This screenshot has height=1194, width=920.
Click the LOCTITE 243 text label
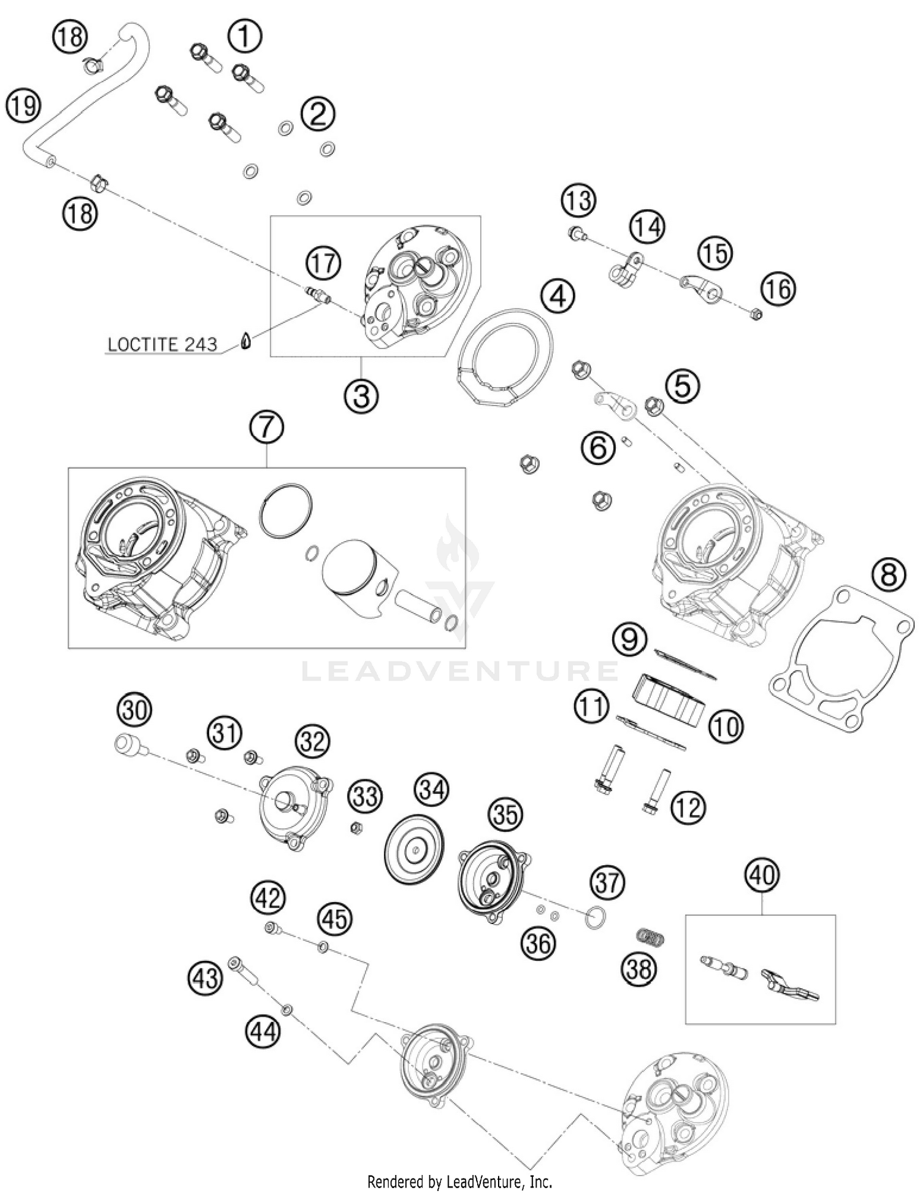coord(162,344)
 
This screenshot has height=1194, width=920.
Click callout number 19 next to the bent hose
coord(23,107)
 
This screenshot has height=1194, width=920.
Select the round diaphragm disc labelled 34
coord(414,850)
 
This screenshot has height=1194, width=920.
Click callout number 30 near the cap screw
coord(134,711)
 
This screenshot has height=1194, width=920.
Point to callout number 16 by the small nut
coord(778,289)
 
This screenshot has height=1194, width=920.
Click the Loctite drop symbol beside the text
coord(245,341)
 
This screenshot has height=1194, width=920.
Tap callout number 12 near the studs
coord(688,807)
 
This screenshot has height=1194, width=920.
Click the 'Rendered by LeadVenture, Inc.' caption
coord(459,1181)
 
